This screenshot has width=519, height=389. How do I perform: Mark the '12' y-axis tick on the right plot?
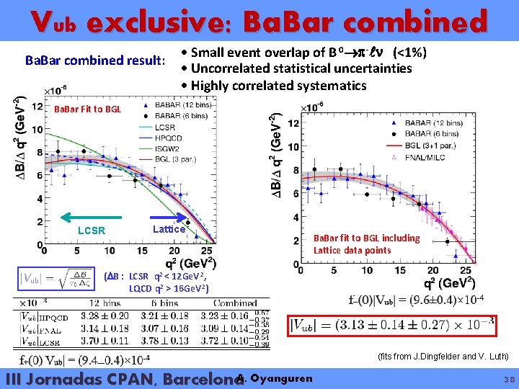pyautogui.click(x=294, y=123)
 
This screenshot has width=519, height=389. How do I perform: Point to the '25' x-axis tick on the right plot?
pyautogui.click(x=466, y=270)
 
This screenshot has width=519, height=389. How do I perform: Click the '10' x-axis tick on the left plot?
pyautogui.click(x=109, y=251)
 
